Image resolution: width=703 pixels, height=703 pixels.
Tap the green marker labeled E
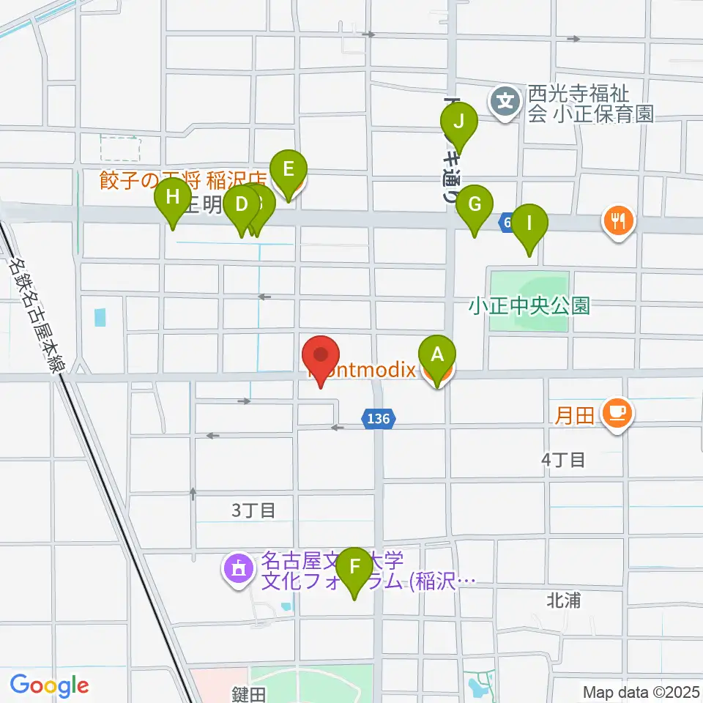[288, 170]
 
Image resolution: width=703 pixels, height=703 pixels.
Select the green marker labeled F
[355, 567]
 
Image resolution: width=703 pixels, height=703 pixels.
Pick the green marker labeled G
[475, 204]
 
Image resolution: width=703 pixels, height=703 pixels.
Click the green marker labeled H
[173, 197]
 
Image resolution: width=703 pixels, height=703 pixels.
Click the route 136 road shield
[379, 419]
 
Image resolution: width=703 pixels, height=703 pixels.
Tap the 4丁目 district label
[563, 460]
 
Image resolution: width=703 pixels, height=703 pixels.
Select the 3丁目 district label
[253, 510]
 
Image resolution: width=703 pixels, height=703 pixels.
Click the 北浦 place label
[564, 600]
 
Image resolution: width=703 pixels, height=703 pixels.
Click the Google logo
[49, 686]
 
